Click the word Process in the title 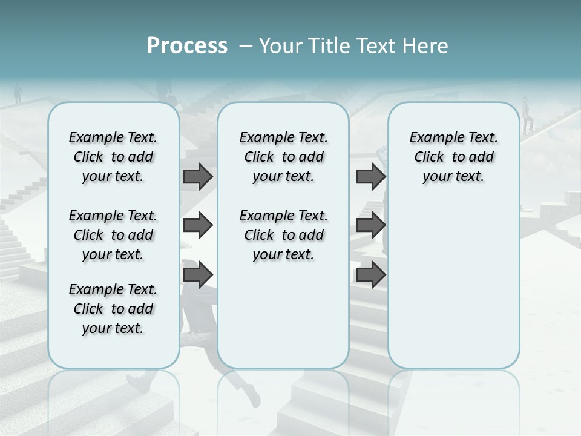pyautogui.click(x=187, y=46)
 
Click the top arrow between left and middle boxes pyautogui.click(x=198, y=176)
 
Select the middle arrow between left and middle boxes pyautogui.click(x=198, y=225)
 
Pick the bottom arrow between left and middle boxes pyautogui.click(x=198, y=275)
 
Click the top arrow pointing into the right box pyautogui.click(x=370, y=176)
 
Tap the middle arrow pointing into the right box pyautogui.click(x=370, y=225)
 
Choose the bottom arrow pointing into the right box pyautogui.click(x=370, y=275)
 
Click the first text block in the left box pyautogui.click(x=113, y=157)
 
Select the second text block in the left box pyautogui.click(x=113, y=235)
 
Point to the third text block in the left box pyautogui.click(x=113, y=309)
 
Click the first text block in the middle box pyautogui.click(x=284, y=157)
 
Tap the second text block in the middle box pyautogui.click(x=284, y=235)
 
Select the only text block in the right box pyautogui.click(x=454, y=157)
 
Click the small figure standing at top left pyautogui.click(x=18, y=93)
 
